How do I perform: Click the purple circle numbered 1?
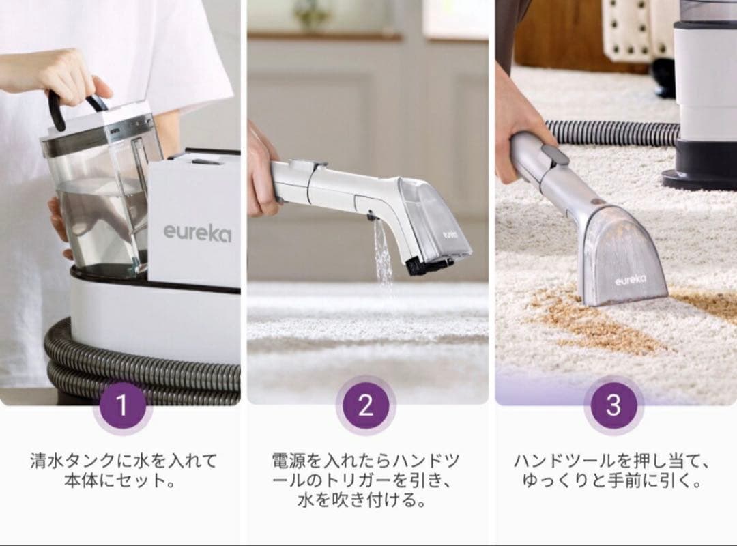(x=122, y=405)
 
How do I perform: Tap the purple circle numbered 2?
(x=366, y=405)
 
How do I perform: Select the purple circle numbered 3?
(x=613, y=405)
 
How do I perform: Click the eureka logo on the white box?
(x=197, y=233)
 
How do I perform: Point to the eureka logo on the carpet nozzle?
(x=630, y=281)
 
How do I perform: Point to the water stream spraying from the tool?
(x=382, y=253)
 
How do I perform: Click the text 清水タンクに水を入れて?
(x=122, y=461)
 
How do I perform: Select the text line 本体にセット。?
(x=122, y=481)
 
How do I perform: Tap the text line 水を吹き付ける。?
(x=366, y=502)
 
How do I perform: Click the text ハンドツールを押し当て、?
(x=613, y=461)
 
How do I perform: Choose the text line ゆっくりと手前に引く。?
(x=613, y=481)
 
